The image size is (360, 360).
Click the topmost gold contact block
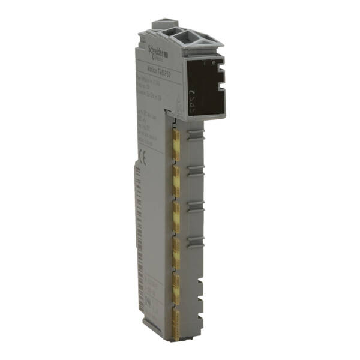coord(176,139)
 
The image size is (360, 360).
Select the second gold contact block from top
coord(176,176)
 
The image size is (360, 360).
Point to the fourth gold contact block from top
coord(176,248)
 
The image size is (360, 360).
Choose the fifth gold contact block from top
coord(176,283)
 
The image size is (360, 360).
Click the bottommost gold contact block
coord(176,319)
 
